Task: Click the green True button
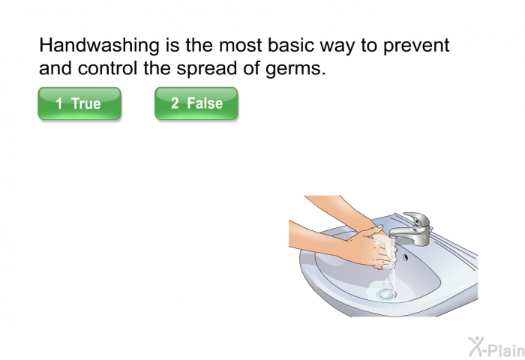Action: (x=79, y=103)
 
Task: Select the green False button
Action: (x=196, y=103)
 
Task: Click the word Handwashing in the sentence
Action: (x=99, y=45)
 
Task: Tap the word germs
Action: (x=295, y=69)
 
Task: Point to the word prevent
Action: (x=416, y=46)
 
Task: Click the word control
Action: (x=107, y=68)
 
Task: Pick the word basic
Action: (x=291, y=45)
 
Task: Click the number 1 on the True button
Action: (x=59, y=103)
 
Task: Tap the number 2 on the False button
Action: (x=175, y=103)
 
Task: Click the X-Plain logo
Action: (x=496, y=347)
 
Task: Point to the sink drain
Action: (x=386, y=294)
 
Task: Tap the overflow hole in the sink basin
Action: (x=406, y=257)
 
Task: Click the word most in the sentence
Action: (x=241, y=46)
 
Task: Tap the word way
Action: (x=337, y=47)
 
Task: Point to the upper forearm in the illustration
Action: (x=338, y=208)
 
